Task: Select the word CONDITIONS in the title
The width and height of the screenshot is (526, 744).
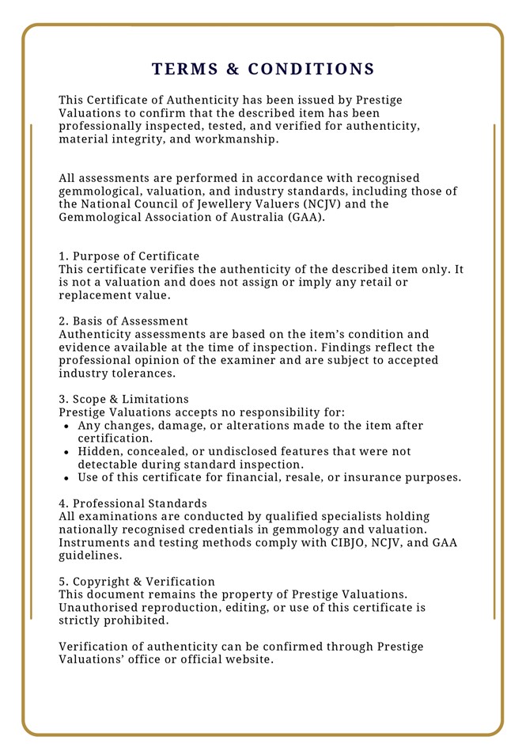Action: (311, 69)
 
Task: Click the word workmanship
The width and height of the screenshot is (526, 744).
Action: (237, 139)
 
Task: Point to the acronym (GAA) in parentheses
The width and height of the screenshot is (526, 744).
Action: (305, 217)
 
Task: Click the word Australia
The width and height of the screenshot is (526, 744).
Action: (247, 217)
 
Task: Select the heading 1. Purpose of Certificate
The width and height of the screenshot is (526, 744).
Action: (129, 256)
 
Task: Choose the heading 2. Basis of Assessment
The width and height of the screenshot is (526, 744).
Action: (123, 321)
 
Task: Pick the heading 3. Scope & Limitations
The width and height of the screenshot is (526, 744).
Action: (123, 399)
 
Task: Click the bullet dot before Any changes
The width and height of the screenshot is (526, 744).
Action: (67, 426)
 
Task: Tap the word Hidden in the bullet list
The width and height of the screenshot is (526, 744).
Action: (99, 451)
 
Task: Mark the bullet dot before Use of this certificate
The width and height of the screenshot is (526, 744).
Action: (67, 478)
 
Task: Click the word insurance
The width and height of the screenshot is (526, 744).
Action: (369, 477)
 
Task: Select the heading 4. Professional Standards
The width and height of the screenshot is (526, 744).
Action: (133, 503)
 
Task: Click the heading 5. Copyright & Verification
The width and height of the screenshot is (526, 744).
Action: (137, 581)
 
